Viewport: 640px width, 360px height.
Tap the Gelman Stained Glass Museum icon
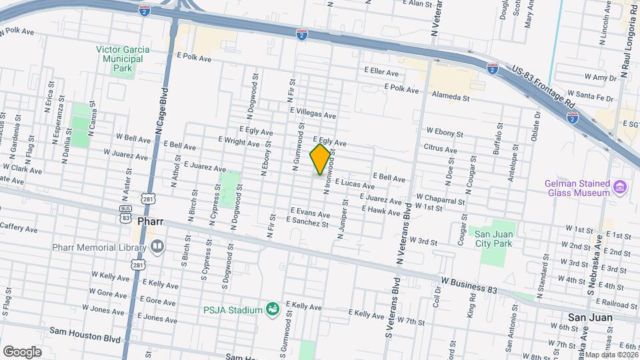point(620,186)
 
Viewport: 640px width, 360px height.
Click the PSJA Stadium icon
point(272,308)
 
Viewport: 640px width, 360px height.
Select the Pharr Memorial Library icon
point(157,247)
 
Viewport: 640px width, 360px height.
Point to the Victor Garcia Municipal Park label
point(120,59)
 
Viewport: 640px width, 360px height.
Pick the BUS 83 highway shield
point(125,213)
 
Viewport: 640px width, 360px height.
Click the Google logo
point(22,351)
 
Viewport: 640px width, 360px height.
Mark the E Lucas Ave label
point(353,182)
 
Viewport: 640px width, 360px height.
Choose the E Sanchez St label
point(309,224)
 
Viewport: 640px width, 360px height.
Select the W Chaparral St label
point(439,198)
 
